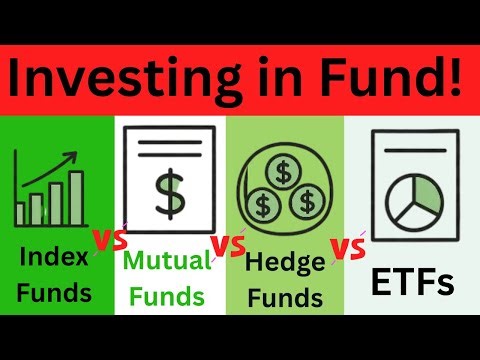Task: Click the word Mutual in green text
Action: pyautogui.click(x=168, y=261)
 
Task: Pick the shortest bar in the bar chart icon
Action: pyautogui.click(x=21, y=214)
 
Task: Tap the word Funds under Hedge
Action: pyautogui.click(x=284, y=297)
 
